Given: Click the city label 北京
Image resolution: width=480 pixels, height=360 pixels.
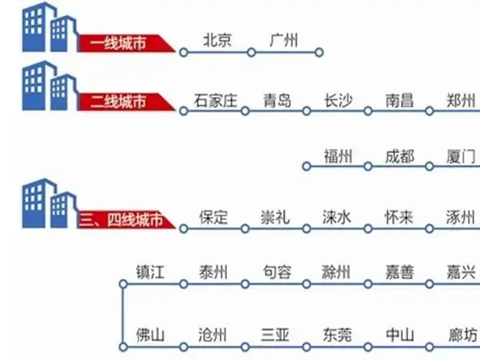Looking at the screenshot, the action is (217, 40).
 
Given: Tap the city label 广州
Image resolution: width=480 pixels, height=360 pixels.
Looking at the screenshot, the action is (284, 40).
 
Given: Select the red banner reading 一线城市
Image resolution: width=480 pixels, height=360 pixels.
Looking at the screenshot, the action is (126, 43).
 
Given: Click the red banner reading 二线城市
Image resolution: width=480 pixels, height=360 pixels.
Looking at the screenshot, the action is (126, 101).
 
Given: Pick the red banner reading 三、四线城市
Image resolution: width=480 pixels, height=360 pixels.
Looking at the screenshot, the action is (126, 220).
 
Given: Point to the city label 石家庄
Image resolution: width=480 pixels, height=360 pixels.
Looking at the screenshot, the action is (216, 101).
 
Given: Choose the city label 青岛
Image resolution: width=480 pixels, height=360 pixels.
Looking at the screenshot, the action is (277, 101).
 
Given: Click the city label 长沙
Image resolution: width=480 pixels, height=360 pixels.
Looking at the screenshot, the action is (339, 101).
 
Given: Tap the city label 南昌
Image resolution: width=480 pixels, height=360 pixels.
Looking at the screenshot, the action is (400, 101).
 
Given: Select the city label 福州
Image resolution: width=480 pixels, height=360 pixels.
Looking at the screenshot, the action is (338, 156).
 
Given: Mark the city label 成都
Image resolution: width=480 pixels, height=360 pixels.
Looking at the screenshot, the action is (400, 156).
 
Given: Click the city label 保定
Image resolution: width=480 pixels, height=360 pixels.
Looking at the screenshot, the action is (213, 217).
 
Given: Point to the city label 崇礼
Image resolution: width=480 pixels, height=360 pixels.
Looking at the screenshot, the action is (275, 217).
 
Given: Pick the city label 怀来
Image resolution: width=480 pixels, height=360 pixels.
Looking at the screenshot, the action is (399, 217).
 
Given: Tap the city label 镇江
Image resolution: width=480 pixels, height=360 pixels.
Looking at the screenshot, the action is (150, 272).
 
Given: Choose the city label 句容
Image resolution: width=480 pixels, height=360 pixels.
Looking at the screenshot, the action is (277, 272).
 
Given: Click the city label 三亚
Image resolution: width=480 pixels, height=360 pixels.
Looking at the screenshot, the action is (275, 335).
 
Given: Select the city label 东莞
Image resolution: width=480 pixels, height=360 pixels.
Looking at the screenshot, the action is (337, 335).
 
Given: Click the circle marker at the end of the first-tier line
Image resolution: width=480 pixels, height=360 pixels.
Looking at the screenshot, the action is (319, 53).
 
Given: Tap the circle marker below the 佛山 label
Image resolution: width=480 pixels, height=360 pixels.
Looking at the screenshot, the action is (123, 347).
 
